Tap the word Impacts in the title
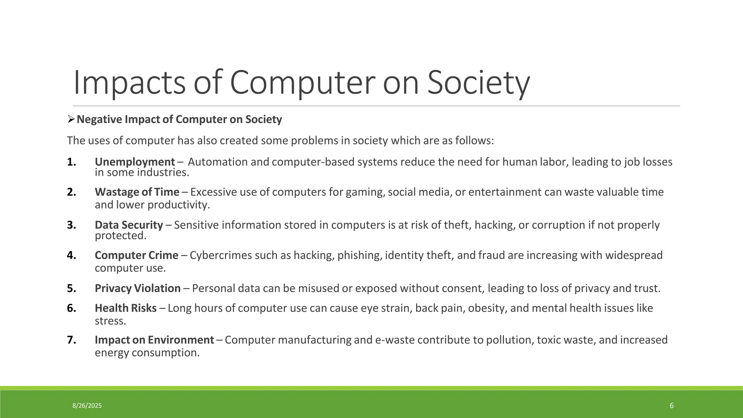129,83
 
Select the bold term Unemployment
135,162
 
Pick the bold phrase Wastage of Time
137,192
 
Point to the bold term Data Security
129,225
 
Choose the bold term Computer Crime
136,255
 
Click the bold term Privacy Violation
137,288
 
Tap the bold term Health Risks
126,308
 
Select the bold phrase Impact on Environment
154,340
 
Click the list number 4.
71,255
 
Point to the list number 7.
71,340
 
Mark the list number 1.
71,162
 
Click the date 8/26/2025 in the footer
87,406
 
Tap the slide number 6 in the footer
672,406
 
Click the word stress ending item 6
110,321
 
